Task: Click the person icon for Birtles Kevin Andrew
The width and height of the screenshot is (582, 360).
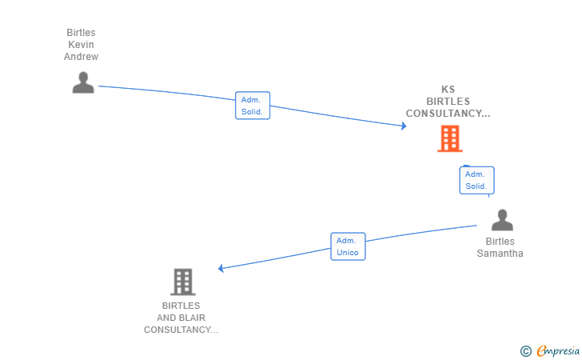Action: click(83, 82)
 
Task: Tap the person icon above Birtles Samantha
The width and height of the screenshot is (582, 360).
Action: click(502, 220)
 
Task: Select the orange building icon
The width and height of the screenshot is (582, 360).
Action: click(450, 138)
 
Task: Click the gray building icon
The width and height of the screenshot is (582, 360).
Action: click(183, 282)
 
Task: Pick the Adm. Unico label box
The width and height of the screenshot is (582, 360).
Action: click(349, 246)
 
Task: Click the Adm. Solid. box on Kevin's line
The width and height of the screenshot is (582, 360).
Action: click(253, 106)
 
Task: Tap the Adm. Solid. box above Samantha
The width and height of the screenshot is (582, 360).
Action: click(476, 180)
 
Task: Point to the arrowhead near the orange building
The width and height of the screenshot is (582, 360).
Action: click(404, 126)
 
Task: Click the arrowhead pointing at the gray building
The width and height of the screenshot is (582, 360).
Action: click(221, 268)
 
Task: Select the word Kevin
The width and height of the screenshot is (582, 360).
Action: click(81, 45)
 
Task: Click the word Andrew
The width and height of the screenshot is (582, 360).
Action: click(81, 57)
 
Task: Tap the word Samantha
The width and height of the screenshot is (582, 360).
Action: click(500, 254)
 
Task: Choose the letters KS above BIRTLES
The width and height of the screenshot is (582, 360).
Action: click(448, 89)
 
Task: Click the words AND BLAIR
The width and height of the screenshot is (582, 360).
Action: click(181, 318)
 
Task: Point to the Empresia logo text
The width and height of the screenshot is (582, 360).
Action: click(558, 350)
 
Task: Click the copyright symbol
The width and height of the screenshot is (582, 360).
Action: click(526, 351)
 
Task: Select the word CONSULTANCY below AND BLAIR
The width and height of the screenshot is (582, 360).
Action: click(177, 330)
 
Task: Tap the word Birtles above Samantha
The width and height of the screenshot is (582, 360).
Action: click(500, 242)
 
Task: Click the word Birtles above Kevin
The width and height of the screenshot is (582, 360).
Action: click(81, 33)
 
